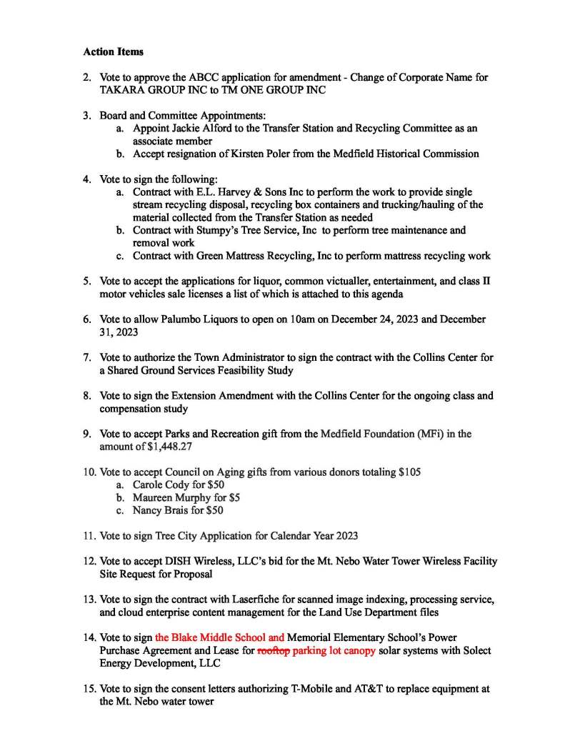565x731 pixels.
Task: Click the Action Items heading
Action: click(x=113, y=51)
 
